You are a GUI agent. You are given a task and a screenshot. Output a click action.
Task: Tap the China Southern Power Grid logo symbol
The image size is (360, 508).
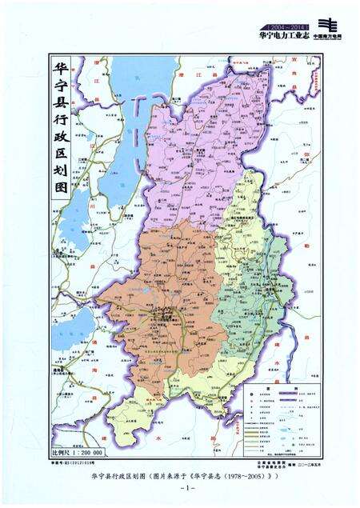(327, 24)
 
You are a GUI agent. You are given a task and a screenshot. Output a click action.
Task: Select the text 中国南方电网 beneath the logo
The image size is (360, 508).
(328, 37)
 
